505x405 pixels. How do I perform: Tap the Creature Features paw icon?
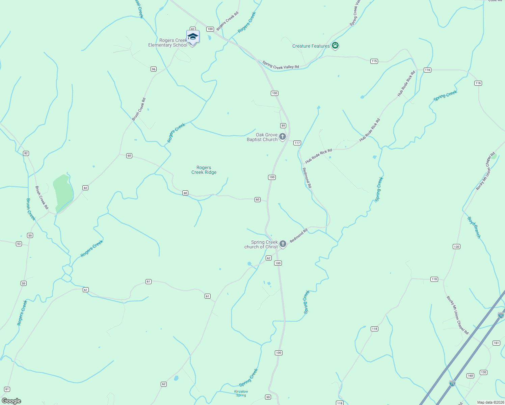pos(335,46)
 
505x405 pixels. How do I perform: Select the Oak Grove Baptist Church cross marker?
pos(283,137)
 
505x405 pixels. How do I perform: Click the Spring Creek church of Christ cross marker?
pos(283,244)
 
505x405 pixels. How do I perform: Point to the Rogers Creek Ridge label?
pos(204,170)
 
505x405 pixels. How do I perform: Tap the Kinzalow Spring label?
pos(241,393)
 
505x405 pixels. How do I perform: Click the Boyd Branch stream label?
pos(474,227)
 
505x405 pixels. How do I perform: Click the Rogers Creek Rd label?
pos(228,21)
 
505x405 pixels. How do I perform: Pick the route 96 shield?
pos(154,69)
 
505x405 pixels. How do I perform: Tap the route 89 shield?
pos(283,126)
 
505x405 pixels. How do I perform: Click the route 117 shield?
pos(297,143)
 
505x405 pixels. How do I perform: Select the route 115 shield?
pos(374,61)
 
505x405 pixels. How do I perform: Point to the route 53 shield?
pos(19,244)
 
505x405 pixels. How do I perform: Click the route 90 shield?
pos(268,397)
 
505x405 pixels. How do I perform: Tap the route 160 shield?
pos(470,376)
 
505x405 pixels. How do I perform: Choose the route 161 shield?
pos(496,343)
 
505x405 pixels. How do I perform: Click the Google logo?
pos(11,401)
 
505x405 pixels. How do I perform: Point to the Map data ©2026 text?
pos(490,402)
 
